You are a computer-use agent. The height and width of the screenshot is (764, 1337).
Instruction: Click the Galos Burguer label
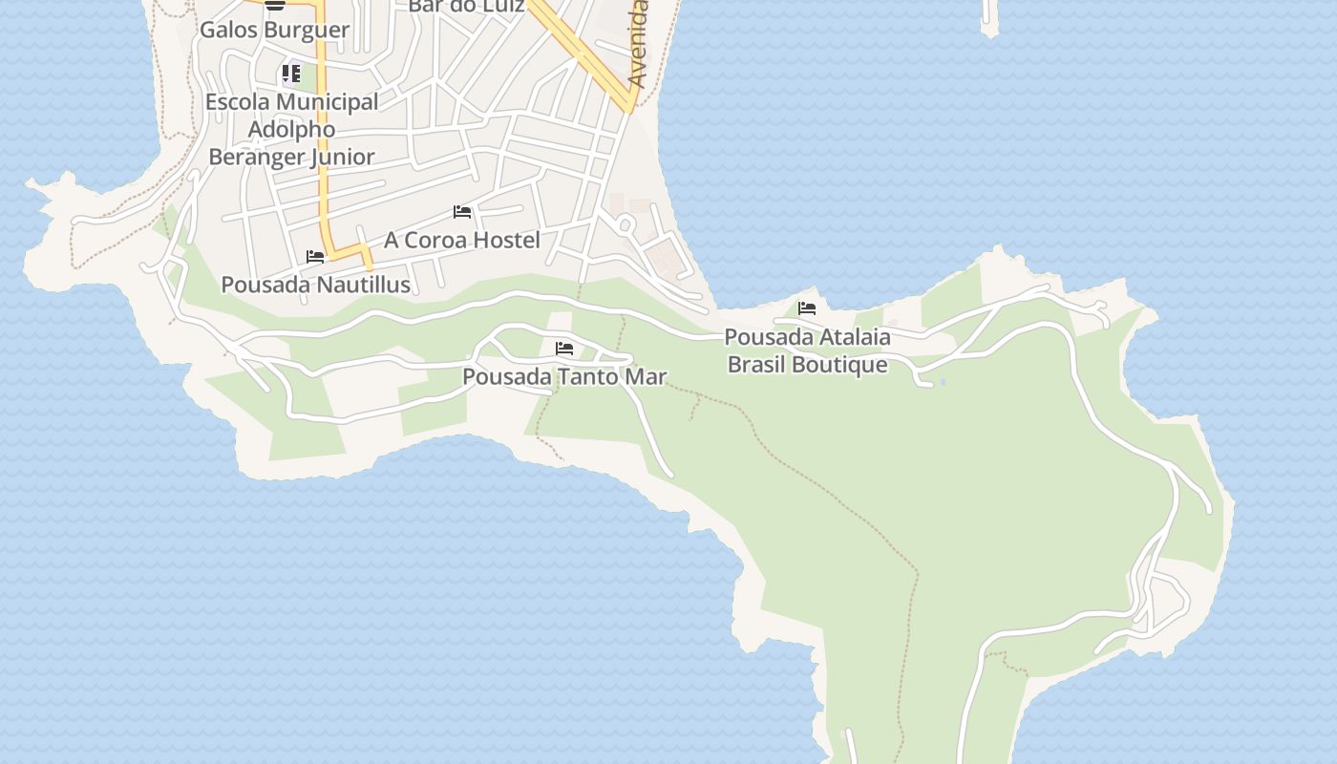tap(274, 30)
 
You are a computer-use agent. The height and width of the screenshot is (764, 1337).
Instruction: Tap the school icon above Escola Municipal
tap(291, 74)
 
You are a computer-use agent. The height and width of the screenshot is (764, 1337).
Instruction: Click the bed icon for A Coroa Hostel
tap(462, 212)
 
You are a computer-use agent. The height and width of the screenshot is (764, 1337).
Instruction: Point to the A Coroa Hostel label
tap(462, 240)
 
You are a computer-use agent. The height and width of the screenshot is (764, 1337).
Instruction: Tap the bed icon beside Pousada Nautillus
tap(315, 257)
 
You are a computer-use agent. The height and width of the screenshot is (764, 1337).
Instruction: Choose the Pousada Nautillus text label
tap(315, 285)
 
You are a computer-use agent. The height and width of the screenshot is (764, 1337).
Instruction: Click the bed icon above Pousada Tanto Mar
tap(564, 349)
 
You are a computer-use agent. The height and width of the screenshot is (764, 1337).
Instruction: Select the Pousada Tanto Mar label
tap(564, 376)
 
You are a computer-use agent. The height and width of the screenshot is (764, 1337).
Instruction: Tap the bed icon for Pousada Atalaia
tap(807, 308)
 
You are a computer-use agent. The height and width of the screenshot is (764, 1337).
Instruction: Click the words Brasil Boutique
tap(807, 364)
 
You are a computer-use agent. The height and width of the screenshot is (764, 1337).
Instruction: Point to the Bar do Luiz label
tap(466, 7)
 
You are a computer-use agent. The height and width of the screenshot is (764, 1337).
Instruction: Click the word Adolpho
tap(292, 129)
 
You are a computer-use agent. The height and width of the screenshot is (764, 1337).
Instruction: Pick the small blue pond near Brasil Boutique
tap(943, 382)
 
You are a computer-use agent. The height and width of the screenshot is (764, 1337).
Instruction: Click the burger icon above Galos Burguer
tap(275, 5)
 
